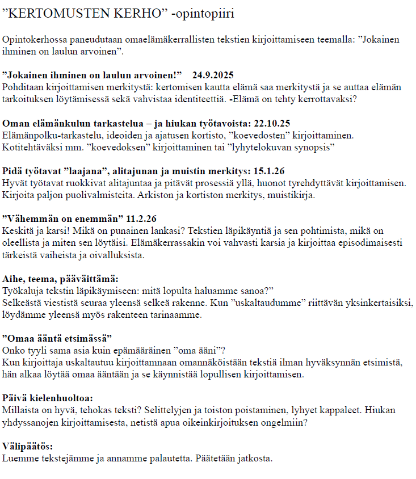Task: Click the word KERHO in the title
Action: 137,13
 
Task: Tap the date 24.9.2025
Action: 213,75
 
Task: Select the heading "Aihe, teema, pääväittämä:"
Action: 60,279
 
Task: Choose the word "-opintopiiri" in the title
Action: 203,13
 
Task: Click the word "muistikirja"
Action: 321,195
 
